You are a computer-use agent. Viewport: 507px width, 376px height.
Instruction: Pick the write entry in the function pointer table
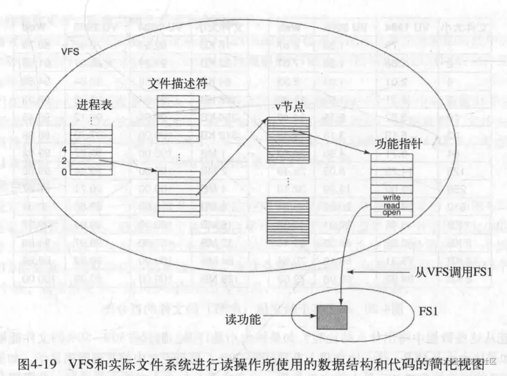(x=391, y=198)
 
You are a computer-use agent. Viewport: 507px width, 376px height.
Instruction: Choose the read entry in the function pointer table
(x=391, y=205)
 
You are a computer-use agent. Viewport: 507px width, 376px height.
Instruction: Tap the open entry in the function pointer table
(x=391, y=212)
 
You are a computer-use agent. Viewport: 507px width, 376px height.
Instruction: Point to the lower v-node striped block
(x=288, y=221)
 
